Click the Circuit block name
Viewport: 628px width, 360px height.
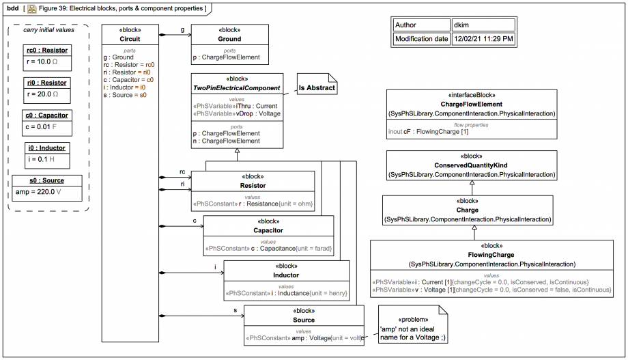(130, 39)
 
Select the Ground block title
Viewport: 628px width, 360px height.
(229, 39)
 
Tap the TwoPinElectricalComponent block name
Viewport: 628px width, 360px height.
(236, 88)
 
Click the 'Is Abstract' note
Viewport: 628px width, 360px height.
(315, 87)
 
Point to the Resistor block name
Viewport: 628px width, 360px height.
(253, 185)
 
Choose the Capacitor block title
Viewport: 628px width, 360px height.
(268, 230)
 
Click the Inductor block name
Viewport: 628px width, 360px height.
(287, 275)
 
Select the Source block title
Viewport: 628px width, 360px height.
(304, 320)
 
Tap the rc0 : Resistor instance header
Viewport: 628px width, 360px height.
(46, 51)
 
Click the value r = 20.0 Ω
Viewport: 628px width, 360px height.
(42, 94)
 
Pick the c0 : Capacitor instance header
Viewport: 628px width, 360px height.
(46, 115)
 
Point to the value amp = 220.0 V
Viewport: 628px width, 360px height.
(43, 193)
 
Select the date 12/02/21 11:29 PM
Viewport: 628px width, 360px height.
(483, 39)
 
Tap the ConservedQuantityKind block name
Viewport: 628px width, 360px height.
(471, 165)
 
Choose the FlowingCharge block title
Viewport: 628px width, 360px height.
(491, 254)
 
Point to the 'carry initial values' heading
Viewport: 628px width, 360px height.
(48, 29)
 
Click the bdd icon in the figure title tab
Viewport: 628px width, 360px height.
(31, 8)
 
